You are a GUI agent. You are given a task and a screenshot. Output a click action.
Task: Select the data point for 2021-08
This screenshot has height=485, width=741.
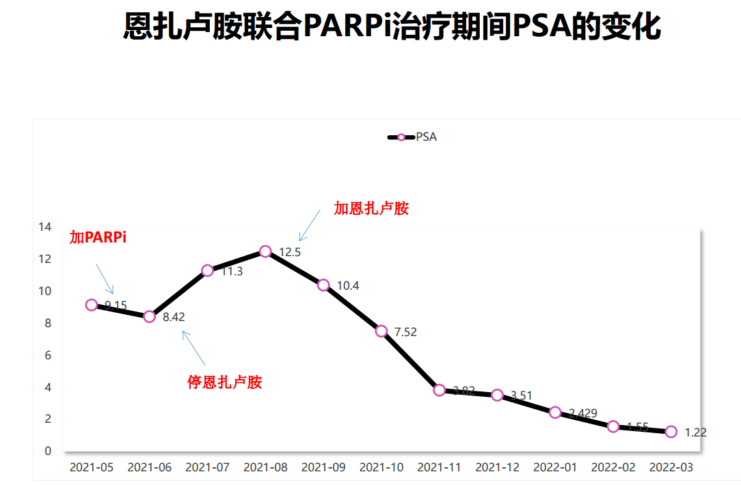click(x=265, y=251)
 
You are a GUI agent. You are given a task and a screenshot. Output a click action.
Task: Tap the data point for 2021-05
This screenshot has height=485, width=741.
click(x=92, y=305)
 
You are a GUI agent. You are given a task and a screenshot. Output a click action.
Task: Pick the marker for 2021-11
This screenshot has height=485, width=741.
click(x=439, y=390)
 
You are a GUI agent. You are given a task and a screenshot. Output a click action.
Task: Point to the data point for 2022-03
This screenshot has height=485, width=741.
click(x=671, y=432)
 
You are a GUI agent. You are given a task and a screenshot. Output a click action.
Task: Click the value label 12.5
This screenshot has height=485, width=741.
click(x=290, y=252)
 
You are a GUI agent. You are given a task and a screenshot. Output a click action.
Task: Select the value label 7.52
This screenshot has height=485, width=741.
click(x=405, y=333)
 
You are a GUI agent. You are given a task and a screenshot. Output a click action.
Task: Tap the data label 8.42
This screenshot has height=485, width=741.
click(x=174, y=317)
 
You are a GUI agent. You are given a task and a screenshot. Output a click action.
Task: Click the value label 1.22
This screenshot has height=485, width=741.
click(x=695, y=432)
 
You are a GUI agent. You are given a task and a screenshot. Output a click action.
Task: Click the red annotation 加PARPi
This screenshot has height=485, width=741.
click(x=98, y=238)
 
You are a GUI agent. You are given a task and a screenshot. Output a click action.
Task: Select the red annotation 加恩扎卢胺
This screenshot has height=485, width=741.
click(x=371, y=208)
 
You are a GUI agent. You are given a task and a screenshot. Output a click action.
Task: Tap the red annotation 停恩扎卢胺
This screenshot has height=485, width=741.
click(x=225, y=383)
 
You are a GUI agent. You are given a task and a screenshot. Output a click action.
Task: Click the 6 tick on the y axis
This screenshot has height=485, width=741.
click(x=48, y=355)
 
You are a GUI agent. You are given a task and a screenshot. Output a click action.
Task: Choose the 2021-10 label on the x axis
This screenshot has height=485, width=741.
click(x=381, y=468)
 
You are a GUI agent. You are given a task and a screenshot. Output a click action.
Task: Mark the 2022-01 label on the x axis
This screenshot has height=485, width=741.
click(x=555, y=468)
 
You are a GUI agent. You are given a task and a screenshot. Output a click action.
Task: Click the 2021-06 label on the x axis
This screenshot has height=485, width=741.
click(x=150, y=468)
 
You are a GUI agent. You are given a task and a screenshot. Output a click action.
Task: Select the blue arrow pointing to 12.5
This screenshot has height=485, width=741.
click(x=309, y=225)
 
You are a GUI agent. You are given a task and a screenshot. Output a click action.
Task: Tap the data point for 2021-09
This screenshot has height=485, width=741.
click(x=323, y=285)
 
